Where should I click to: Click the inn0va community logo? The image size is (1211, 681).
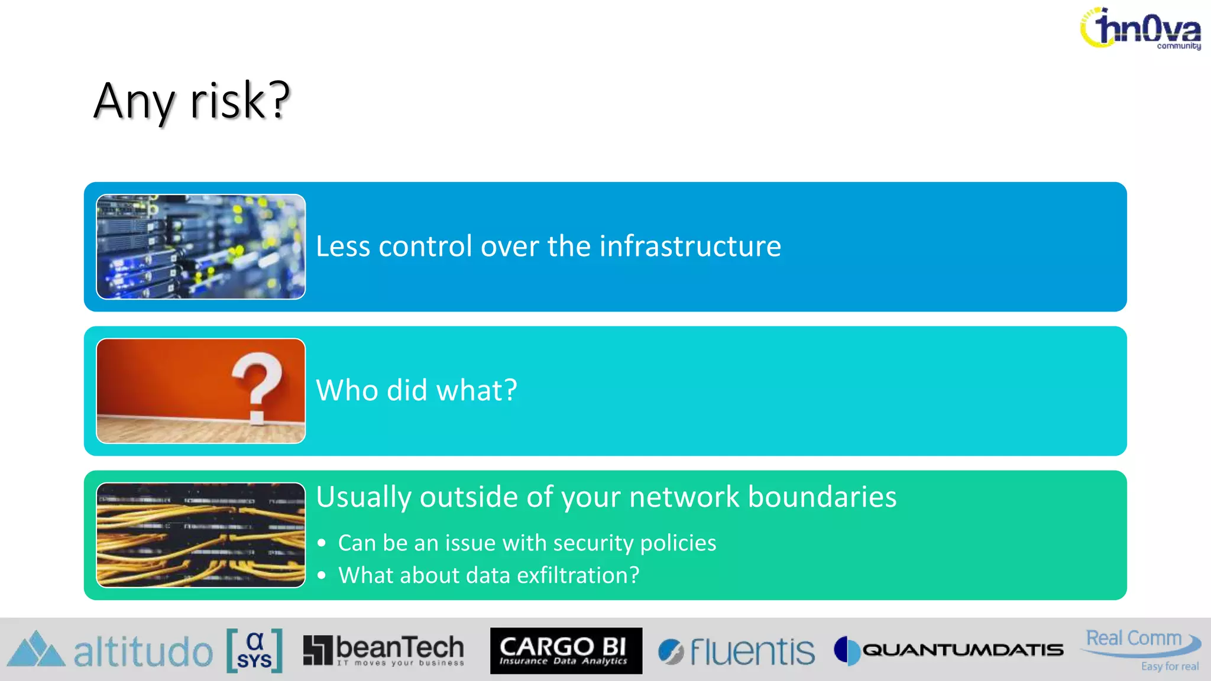click(x=1141, y=28)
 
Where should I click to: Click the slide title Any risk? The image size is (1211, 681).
click(x=192, y=100)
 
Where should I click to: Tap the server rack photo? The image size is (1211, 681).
click(x=200, y=247)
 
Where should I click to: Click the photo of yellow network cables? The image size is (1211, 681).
click(x=200, y=535)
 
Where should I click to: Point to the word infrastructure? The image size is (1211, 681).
click(x=690, y=246)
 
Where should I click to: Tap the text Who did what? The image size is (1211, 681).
click(x=416, y=390)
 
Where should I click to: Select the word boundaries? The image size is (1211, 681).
click(x=822, y=497)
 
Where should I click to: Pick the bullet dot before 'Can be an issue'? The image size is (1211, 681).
click(x=322, y=543)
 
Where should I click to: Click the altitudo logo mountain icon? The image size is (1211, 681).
click(x=35, y=650)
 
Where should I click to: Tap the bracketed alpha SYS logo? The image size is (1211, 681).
click(x=254, y=651)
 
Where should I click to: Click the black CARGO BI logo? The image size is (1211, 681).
click(x=566, y=650)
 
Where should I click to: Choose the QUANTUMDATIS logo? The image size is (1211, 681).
click(x=949, y=650)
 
